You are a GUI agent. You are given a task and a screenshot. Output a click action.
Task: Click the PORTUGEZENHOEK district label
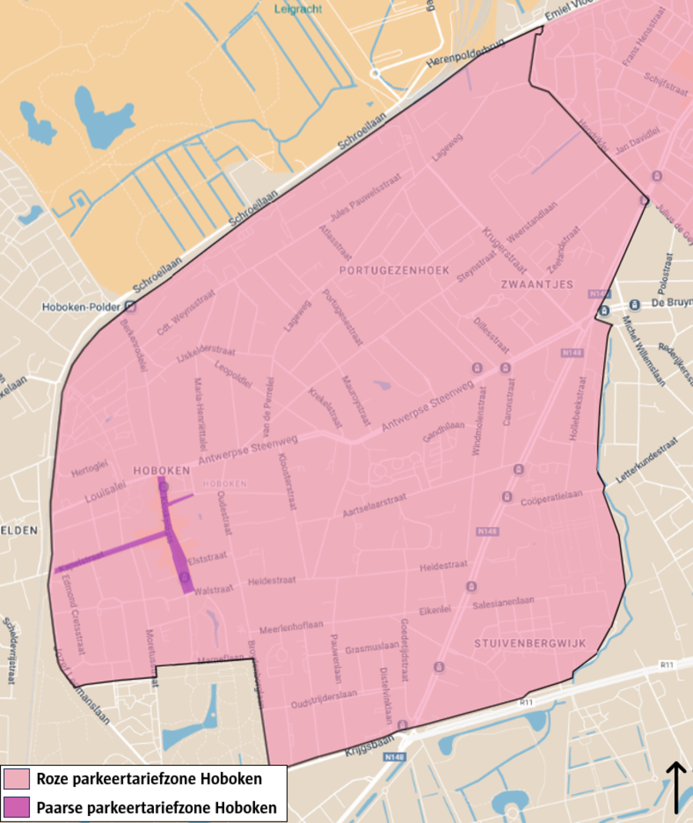(393, 270)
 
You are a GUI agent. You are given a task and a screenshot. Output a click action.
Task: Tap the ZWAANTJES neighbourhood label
(537, 284)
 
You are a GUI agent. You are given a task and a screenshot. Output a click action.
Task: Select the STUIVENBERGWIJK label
(531, 643)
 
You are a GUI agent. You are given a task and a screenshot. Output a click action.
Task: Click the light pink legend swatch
(17, 778)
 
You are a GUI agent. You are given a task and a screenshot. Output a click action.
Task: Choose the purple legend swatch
(17, 808)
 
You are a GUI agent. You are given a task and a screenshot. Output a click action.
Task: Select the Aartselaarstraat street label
(373, 506)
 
